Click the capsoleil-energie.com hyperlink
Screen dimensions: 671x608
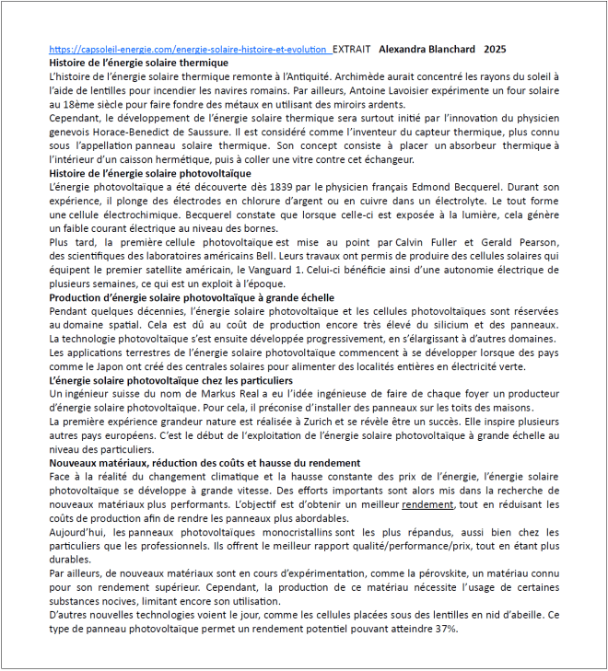pos(189,49)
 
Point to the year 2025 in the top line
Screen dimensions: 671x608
pos(495,49)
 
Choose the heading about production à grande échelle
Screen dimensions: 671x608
pos(192,298)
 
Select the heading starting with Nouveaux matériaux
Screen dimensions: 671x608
pos(204,461)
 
